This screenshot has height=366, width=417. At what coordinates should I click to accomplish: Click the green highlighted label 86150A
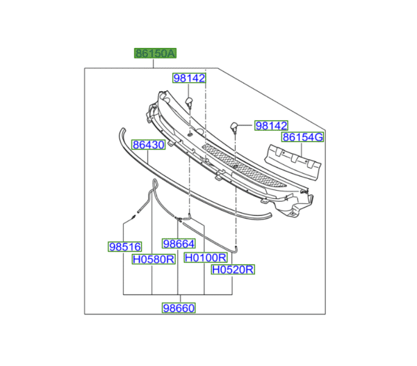click(155, 54)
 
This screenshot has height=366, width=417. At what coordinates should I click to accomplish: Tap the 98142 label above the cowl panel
click(189, 78)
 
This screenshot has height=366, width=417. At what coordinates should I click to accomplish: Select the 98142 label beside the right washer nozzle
click(271, 126)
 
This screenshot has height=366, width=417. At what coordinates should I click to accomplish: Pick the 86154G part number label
click(302, 137)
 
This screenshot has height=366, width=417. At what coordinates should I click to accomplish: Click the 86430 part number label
click(149, 145)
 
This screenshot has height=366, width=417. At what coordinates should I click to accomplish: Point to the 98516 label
click(124, 247)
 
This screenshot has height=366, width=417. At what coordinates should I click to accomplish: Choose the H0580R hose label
click(154, 259)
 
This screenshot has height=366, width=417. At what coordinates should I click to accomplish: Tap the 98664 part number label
click(179, 244)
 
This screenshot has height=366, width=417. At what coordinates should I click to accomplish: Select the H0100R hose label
click(206, 257)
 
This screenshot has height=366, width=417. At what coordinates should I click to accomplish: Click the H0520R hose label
click(233, 270)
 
